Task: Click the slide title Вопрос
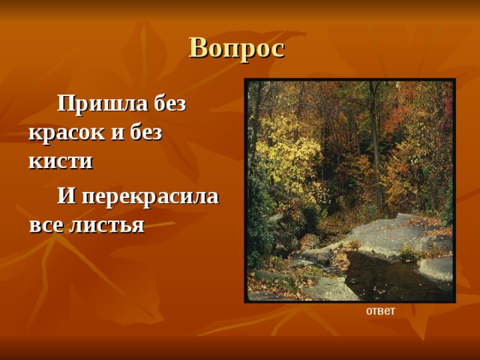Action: (236, 48)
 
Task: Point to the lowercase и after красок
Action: (115, 133)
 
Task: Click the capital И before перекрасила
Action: (66, 196)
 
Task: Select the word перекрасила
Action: (150, 196)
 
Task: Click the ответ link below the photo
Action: (380, 310)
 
